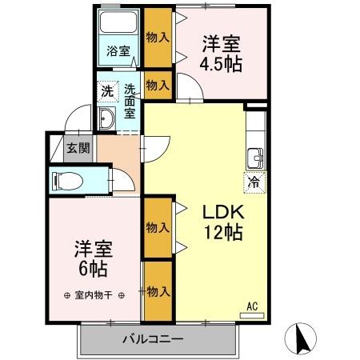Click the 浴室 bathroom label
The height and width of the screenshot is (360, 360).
coord(118,52)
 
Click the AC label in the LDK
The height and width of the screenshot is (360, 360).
coord(251,306)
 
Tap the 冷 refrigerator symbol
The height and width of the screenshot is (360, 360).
coord(254,181)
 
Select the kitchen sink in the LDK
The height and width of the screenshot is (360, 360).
coord(254,155)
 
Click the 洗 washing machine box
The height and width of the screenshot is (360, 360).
coord(107,90)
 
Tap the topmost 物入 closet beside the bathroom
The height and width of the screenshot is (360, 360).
coord(158,37)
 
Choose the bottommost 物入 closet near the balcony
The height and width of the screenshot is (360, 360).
coord(158,291)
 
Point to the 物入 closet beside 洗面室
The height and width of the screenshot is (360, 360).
coord(158,86)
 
